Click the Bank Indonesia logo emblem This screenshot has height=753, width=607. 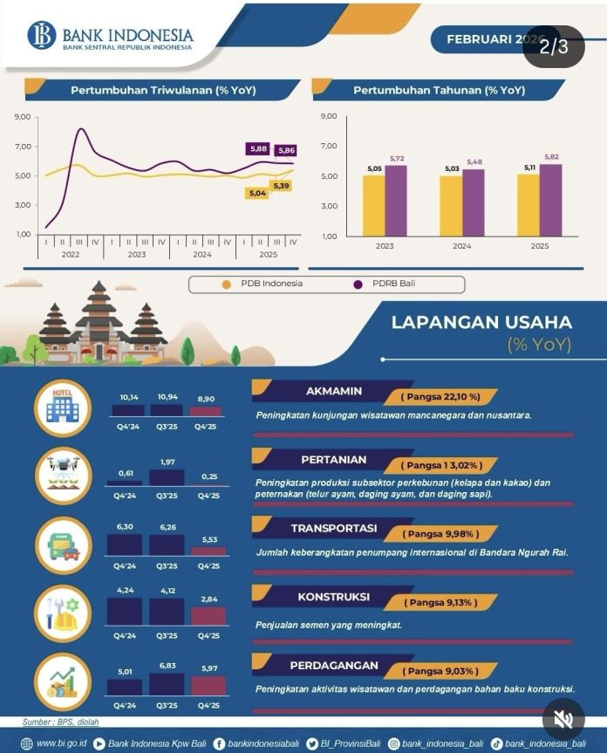click(x=41, y=36)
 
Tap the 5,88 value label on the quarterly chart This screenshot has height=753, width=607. click(x=258, y=149)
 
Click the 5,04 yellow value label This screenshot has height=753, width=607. click(x=258, y=193)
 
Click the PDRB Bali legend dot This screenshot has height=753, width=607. click(x=358, y=284)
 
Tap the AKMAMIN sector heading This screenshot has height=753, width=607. click(x=334, y=390)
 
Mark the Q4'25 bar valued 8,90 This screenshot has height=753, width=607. click(x=207, y=410)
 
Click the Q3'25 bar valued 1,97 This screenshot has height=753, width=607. click(x=167, y=476)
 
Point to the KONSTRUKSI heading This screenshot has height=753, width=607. click(x=333, y=598)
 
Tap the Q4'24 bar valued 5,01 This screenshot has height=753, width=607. click(x=126, y=687)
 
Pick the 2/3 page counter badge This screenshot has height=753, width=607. click(x=553, y=46)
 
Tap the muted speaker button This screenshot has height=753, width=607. click(x=563, y=718)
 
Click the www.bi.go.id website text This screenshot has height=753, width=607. click(x=59, y=743)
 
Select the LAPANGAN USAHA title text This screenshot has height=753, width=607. click(x=481, y=322)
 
